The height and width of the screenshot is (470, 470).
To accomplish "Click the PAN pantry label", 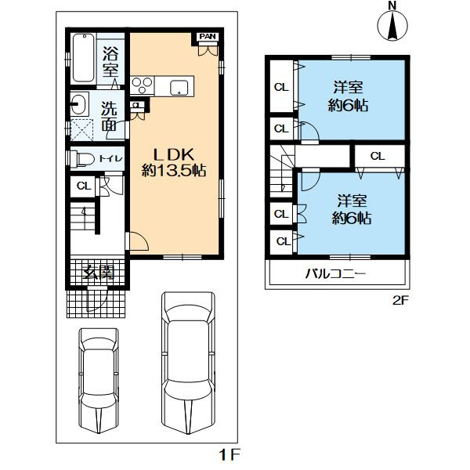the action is click(208, 37).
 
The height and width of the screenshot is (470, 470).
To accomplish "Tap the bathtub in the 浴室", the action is click(84, 58).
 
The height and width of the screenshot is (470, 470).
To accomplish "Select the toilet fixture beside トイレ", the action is click(85, 159).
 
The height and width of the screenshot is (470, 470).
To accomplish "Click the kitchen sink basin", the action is click(179, 88).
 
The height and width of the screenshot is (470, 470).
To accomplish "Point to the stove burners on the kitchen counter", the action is click(142, 85).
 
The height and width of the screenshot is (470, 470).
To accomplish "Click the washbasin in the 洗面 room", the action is click(79, 103).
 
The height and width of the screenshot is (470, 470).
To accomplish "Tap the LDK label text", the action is click(174, 154).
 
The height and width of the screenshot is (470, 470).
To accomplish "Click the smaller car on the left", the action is click(99, 380).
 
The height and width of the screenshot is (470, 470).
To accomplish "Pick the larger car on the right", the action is click(188, 363).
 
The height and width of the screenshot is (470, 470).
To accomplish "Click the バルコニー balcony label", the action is click(335, 273).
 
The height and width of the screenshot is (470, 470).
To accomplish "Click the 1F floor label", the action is click(230, 456).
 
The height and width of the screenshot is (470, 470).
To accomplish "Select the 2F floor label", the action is click(401, 300).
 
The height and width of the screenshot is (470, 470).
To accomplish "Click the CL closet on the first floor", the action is click(84, 186).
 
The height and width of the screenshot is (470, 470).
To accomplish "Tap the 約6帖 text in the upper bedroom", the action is click(348, 105).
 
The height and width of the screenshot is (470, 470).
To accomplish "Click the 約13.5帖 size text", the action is click(174, 171).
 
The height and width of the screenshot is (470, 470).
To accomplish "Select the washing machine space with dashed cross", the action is click(81, 129).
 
